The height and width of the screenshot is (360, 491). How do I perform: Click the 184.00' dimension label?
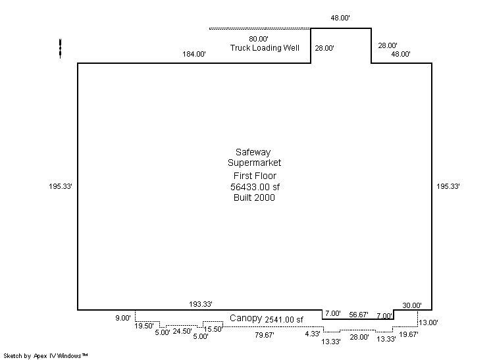pos(194,54)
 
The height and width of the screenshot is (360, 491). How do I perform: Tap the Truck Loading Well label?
pos(265,48)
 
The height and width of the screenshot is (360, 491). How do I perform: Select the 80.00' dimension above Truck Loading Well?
pos(259,39)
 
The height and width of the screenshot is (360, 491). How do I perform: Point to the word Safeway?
pos(253,152)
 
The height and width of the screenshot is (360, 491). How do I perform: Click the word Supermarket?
pos(254,163)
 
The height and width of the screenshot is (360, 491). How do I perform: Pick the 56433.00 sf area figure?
pos(255,187)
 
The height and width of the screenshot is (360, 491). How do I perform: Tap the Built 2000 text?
pos(254,197)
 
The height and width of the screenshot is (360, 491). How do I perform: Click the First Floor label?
pos(255,176)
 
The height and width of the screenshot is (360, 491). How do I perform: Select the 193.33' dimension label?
pos(201,304)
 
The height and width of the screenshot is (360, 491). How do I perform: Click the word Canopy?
pos(245,319)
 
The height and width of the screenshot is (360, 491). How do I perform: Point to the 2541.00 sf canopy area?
pos(284,320)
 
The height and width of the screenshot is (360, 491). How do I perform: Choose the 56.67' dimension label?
pos(359,315)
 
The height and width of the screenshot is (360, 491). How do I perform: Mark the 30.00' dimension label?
pos(412,305)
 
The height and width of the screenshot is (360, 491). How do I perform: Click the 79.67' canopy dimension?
pos(265,335)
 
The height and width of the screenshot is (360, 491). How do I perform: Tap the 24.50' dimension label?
pos(182,331)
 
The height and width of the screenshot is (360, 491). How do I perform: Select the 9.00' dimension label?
pos(123,319)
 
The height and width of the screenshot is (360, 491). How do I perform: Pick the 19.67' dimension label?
pos(409,334)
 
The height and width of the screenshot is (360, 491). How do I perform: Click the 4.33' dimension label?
pos(313,334)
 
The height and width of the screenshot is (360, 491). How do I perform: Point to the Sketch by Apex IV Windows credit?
pos(45,356)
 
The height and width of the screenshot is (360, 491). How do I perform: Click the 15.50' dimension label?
pos(213,329)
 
